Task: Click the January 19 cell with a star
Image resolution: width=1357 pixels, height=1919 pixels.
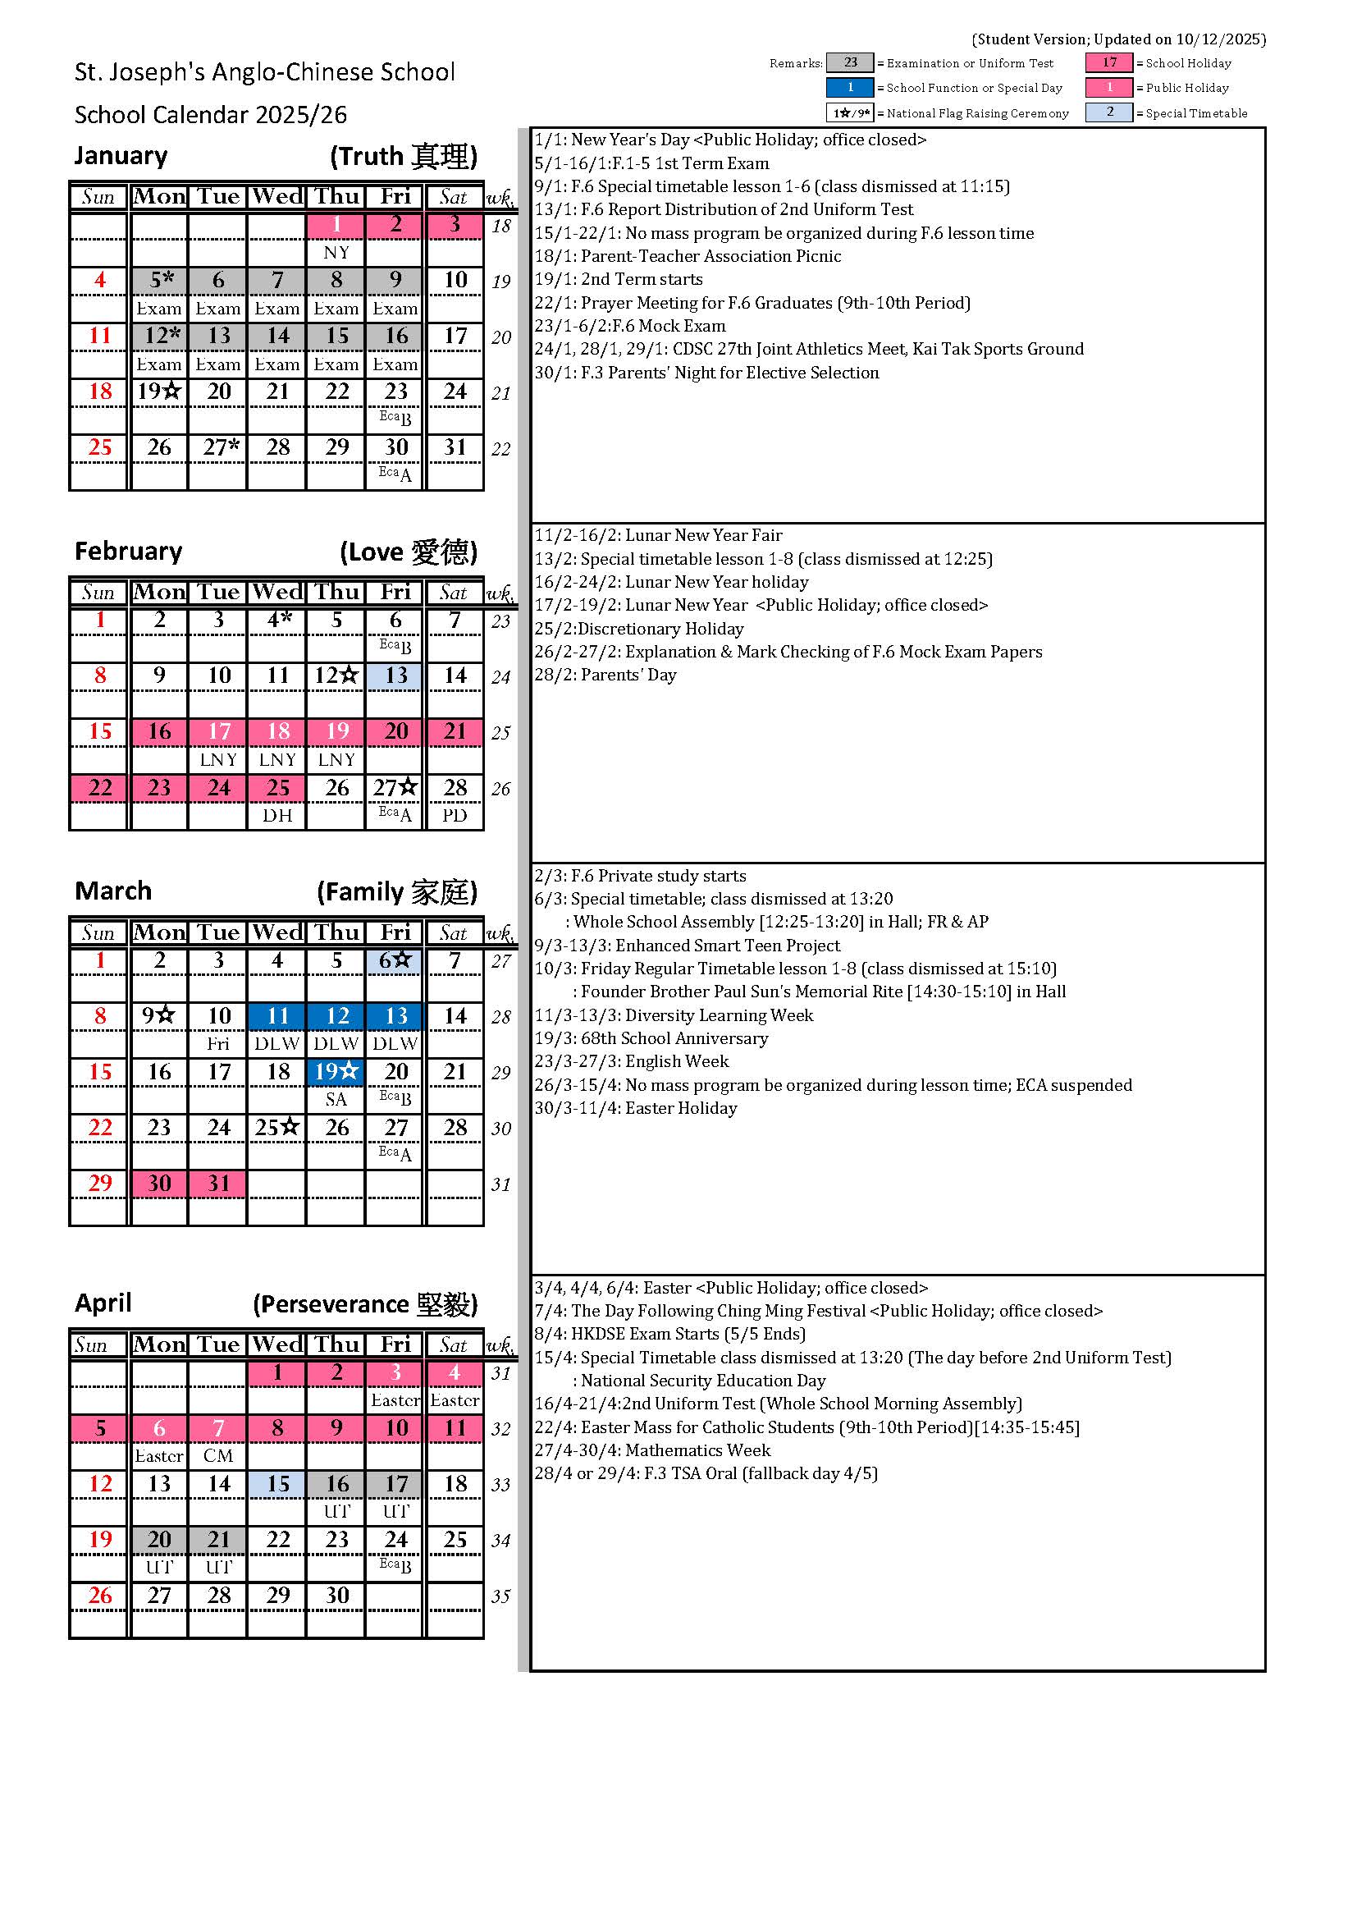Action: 159,392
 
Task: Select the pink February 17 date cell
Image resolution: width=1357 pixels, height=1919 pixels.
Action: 218,731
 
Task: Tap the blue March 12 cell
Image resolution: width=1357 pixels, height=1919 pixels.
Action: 336,1015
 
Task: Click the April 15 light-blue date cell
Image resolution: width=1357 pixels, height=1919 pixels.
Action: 277,1483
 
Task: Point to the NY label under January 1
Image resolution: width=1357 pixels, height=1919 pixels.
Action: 336,253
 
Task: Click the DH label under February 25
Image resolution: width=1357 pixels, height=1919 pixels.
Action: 277,815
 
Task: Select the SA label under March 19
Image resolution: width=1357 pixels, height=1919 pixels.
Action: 336,1099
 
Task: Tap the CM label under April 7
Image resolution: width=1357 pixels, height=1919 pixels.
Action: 218,1455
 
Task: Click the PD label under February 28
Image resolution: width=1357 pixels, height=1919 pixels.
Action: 455,815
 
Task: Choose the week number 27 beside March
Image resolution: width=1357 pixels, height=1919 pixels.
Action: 500,961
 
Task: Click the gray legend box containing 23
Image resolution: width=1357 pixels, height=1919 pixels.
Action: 850,62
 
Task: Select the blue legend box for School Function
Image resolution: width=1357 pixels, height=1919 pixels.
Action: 850,88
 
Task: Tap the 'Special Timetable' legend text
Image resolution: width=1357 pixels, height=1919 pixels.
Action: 1195,112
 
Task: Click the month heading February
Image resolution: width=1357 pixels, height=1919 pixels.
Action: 128,551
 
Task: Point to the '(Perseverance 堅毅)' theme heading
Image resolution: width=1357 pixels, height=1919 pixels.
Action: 365,1304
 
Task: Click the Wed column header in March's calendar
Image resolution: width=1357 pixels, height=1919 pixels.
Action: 277,932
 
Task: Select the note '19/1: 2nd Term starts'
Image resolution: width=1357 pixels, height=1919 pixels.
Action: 619,279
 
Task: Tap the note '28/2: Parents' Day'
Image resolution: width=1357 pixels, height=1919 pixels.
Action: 605,675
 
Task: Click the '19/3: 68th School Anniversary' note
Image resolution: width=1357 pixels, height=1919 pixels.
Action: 651,1038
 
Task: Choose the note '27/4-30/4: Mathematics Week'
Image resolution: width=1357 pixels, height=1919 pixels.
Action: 651,1450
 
